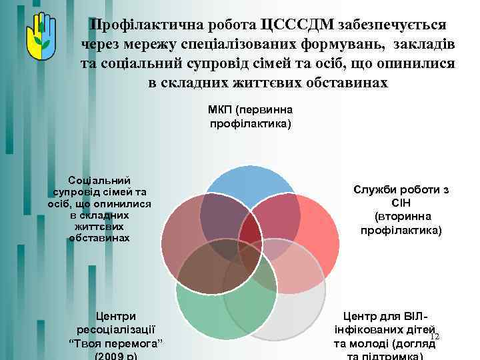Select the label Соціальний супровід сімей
pos(99,209)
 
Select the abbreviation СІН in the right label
pos(401,203)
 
